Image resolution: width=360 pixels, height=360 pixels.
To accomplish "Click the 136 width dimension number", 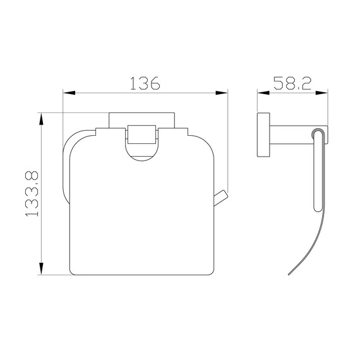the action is tap(145, 83).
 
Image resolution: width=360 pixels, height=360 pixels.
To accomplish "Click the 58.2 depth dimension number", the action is tap(292, 83).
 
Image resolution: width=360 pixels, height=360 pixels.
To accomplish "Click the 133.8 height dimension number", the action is tap(32, 193).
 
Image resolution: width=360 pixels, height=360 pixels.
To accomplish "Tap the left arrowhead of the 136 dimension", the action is tap(69, 93).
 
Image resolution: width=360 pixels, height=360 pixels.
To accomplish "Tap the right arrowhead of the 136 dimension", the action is tap(221, 93).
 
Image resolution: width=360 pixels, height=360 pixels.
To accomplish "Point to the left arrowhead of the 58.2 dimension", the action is tap(263, 93).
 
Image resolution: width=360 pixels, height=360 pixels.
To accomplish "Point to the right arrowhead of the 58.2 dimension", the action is tap(321, 93).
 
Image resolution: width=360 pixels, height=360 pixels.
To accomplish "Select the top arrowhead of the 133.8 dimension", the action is tap(41, 119).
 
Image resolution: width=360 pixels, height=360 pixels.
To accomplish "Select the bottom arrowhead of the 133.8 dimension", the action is tap(41, 268).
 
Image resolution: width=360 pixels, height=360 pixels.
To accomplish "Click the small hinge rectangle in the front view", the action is tap(141, 135).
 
